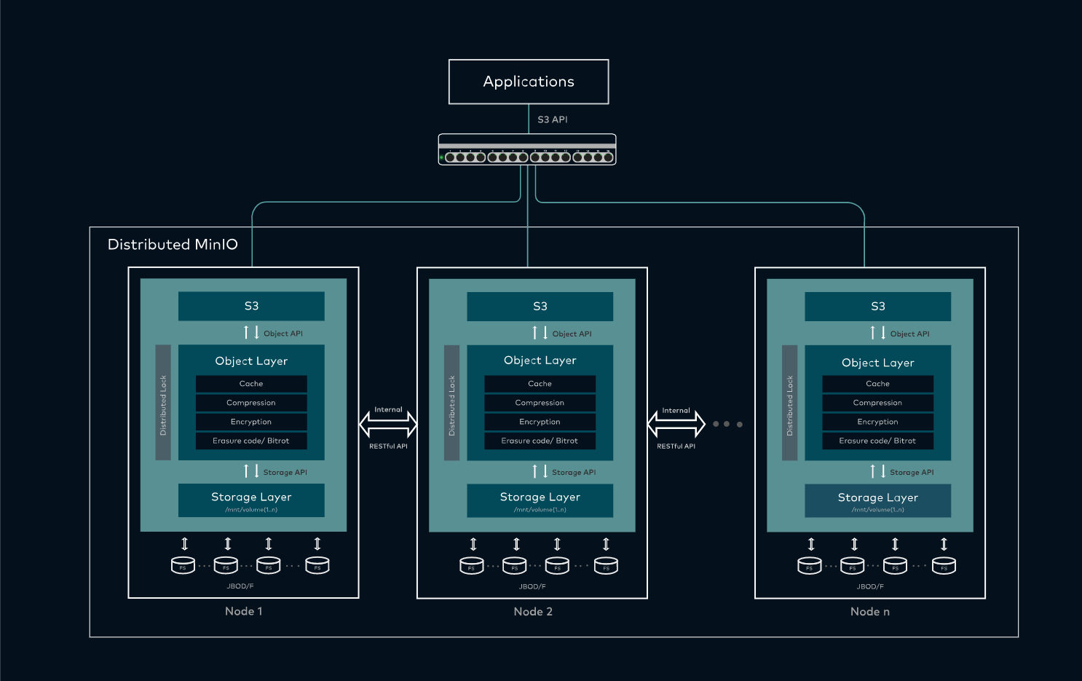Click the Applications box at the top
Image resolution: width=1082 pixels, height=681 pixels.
(529, 82)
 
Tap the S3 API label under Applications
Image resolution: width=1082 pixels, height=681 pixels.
(552, 119)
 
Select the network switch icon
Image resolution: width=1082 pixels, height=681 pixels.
(527, 150)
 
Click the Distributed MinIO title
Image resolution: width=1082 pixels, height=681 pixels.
(173, 245)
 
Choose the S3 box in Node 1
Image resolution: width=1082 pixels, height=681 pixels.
(251, 306)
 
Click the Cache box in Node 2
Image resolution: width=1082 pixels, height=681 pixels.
(540, 384)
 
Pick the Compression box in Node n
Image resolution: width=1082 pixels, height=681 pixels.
(877, 403)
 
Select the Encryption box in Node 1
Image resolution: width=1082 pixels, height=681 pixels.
(251, 422)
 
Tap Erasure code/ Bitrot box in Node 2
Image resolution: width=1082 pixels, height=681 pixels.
(540, 441)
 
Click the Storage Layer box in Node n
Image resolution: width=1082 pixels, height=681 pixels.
(877, 500)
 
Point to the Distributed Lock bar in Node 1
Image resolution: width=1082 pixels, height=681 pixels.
(163, 403)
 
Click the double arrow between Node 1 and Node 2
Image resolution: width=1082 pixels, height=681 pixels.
(388, 424)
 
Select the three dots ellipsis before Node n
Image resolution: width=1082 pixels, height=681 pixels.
(727, 424)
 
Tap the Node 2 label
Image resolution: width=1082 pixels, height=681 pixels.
(533, 612)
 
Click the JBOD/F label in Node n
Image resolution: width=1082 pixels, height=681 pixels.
(870, 586)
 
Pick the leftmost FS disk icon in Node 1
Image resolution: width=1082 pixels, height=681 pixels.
(183, 565)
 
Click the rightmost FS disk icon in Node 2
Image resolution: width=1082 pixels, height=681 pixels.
(606, 566)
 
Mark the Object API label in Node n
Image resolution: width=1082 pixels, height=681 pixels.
(909, 334)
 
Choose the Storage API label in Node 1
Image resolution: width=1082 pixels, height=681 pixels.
(285, 473)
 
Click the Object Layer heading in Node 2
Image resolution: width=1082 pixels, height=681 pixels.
(540, 361)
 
